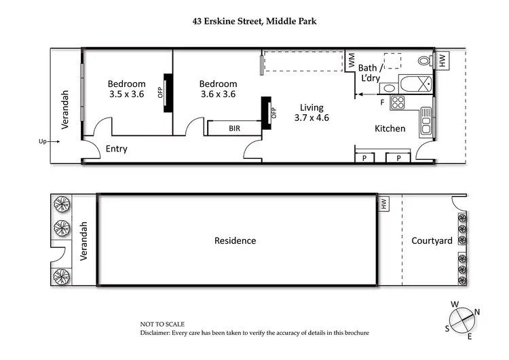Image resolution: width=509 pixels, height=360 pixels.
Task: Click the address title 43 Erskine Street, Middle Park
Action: tap(254, 21)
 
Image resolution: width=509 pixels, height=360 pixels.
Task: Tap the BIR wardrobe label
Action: tap(234, 128)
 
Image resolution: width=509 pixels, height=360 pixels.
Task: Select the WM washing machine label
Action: tap(352, 60)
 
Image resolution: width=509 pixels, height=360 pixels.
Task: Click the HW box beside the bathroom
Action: tap(442, 60)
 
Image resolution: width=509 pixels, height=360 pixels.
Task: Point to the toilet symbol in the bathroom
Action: tap(425, 60)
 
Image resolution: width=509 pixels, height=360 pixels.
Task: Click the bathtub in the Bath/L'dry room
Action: tap(414, 85)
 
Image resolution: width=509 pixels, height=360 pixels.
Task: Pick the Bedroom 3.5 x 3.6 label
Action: tap(126, 89)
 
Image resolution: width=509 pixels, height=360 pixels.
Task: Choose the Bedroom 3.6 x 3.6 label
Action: tap(217, 89)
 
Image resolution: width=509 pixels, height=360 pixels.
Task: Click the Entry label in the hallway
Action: tap(116, 149)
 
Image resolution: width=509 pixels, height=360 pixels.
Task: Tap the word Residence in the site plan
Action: tap(235, 240)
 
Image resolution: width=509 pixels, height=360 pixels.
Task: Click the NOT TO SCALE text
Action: tap(162, 325)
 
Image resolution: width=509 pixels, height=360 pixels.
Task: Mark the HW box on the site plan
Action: tap(383, 203)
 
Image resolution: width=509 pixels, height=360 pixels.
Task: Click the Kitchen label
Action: tap(390, 128)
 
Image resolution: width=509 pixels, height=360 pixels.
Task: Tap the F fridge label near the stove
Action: tap(382, 102)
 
